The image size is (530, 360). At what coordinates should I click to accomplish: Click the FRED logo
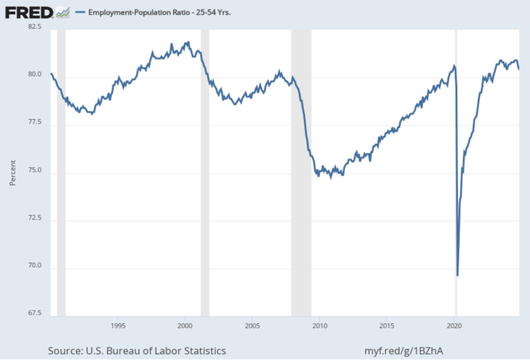click(29, 12)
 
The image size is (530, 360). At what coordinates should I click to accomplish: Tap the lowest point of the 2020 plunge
click(458, 276)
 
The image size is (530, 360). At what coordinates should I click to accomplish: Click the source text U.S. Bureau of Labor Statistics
click(137, 351)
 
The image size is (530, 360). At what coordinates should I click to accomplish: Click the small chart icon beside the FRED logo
click(63, 11)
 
